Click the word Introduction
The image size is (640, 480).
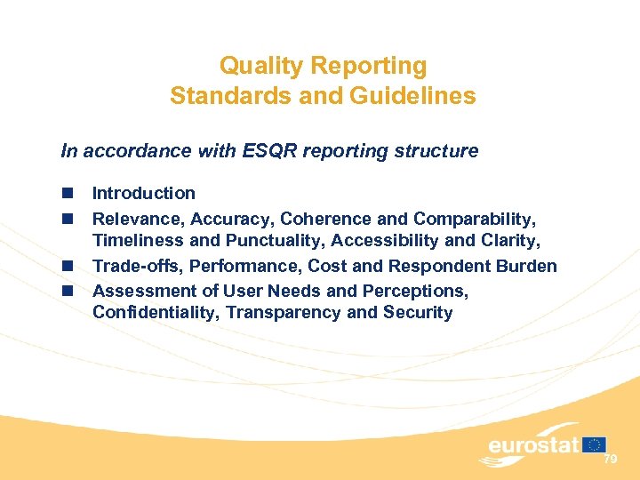tap(144, 193)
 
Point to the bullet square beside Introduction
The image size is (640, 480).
tap(67, 193)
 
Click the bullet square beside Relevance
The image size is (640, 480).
tap(67, 218)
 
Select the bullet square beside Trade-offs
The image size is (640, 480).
tap(67, 266)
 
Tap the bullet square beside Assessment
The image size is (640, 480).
tap(67, 291)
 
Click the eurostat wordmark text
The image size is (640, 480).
tap(533, 445)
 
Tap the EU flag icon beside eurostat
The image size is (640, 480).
tap(595, 443)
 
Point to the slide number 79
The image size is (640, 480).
tap(610, 459)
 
